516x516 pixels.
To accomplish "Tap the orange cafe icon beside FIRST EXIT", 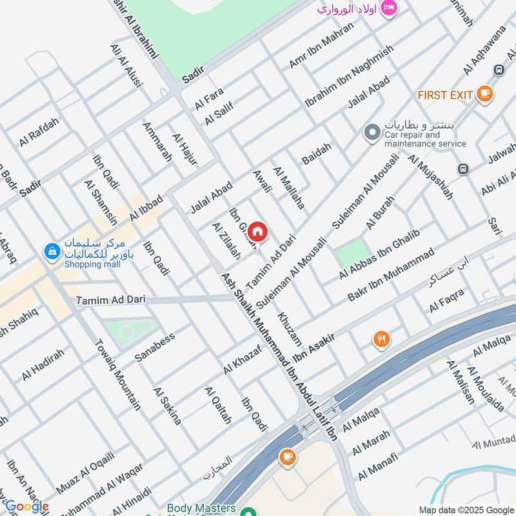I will click(x=486, y=94).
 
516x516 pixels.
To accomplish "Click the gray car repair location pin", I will click(x=372, y=134).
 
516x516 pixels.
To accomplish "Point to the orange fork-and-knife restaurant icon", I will click(x=382, y=339).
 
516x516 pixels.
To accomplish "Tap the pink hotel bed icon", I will click(x=389, y=8).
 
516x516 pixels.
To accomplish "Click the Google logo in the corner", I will click(x=26, y=507).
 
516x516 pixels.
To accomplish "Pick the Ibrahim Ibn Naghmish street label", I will click(x=349, y=75).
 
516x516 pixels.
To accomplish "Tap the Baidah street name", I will click(x=316, y=154).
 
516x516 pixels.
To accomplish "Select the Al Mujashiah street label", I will click(x=430, y=176).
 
